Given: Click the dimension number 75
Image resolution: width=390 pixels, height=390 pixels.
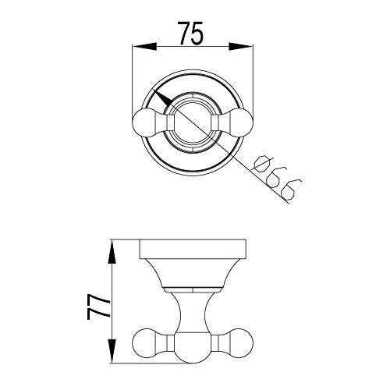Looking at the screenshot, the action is [190, 33].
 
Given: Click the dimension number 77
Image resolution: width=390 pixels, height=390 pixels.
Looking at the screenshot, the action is [98, 307].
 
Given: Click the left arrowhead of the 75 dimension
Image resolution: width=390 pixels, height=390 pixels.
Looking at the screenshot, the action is [145, 47].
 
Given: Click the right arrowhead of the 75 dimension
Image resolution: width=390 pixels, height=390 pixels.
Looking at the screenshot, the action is [241, 47].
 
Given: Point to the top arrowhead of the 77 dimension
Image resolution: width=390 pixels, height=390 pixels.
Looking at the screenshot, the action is [112, 252].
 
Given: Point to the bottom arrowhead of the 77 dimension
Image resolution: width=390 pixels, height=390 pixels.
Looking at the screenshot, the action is [112, 350].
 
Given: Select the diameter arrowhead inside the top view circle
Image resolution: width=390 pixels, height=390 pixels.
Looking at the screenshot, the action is [162, 97].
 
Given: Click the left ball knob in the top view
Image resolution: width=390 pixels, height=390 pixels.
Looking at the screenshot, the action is [144, 123].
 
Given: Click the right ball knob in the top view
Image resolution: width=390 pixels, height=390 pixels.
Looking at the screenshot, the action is [242, 123].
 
